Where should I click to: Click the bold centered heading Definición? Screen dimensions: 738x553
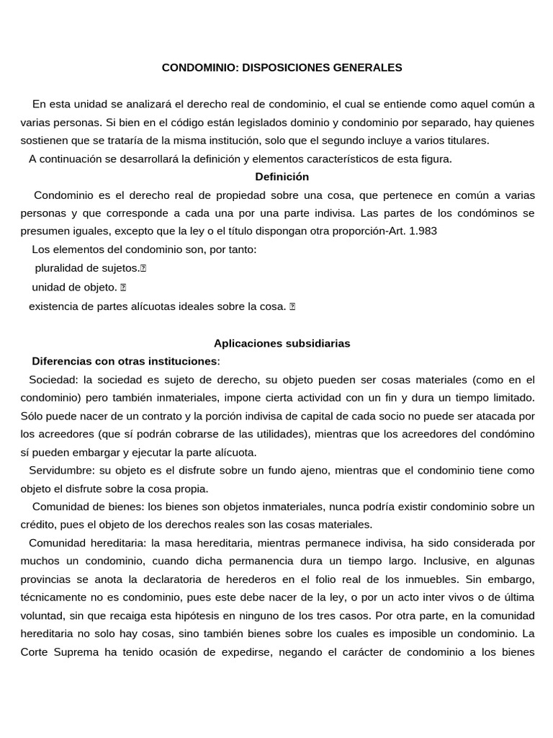[x=282, y=177]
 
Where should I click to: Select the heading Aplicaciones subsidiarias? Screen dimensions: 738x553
[x=282, y=344]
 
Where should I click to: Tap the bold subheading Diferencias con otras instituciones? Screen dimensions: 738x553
[x=124, y=361]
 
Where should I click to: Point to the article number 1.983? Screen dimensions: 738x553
[x=422, y=231]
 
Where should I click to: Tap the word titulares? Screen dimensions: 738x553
[x=466, y=140]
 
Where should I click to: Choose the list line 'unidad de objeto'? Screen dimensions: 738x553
[x=74, y=287]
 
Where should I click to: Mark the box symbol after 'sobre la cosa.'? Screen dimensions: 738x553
[x=292, y=306]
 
